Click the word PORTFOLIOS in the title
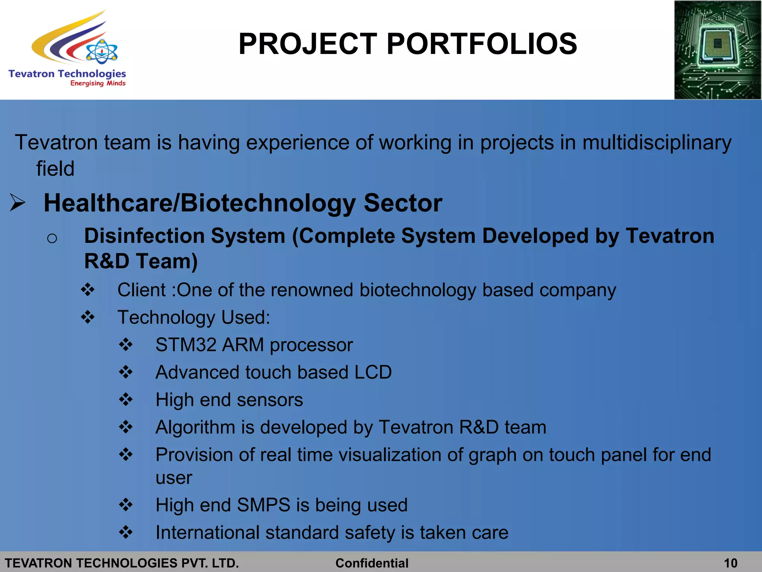(482, 44)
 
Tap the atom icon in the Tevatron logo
(102, 52)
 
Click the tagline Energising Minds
(98, 83)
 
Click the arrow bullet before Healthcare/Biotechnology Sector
(17, 203)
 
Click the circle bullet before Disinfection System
(52, 238)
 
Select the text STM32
(186, 345)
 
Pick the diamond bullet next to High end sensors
(126, 400)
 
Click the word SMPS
(263, 505)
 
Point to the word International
(207, 533)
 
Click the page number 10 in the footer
(731, 563)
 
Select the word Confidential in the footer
(372, 563)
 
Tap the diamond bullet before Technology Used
(88, 317)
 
